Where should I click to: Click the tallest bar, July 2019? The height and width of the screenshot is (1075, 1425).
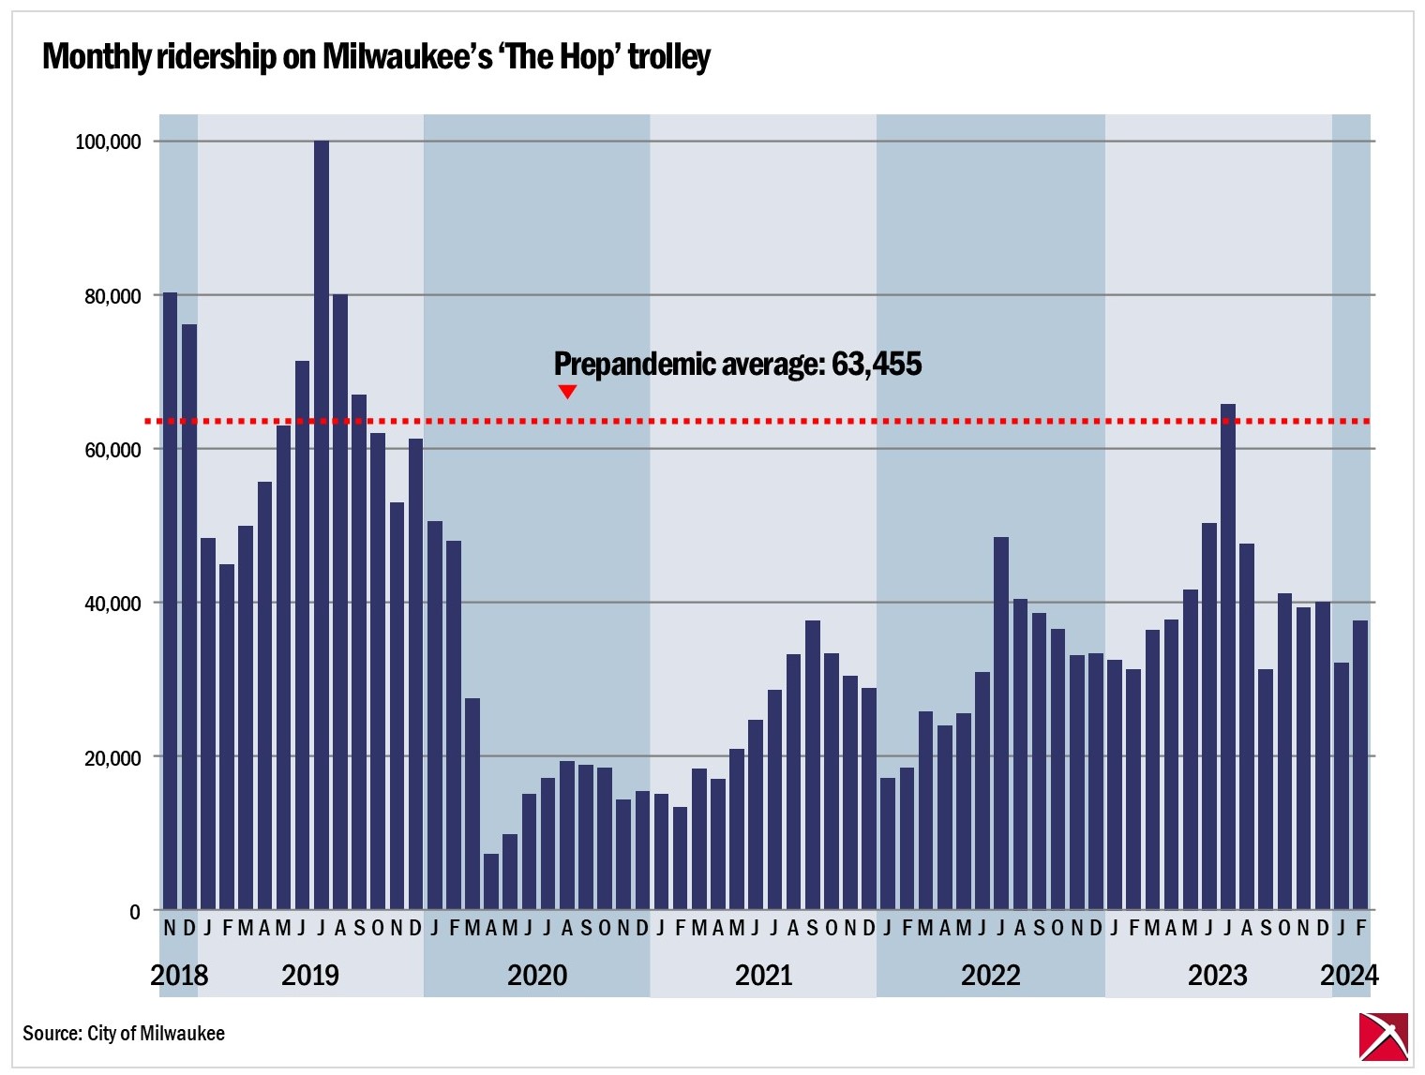[x=322, y=525]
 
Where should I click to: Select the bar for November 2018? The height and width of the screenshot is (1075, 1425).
[x=170, y=600]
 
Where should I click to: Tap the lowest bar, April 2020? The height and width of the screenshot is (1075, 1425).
[x=491, y=881]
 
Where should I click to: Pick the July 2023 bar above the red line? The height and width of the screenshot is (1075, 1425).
[x=1228, y=656]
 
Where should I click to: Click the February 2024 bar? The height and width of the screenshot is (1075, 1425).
[x=1360, y=764]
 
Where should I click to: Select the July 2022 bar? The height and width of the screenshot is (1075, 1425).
[x=1001, y=722]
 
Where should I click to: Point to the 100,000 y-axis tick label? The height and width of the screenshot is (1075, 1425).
[x=108, y=142]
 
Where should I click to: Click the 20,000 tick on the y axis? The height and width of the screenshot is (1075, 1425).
[x=112, y=757]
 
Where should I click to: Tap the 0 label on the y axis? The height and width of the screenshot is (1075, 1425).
[x=135, y=911]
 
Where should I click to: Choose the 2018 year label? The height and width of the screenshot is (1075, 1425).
[x=179, y=976]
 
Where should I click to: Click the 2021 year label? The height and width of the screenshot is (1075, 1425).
[x=763, y=976]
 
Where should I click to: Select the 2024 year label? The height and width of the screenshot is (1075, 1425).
[x=1349, y=976]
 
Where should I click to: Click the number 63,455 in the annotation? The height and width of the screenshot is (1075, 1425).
[x=877, y=364]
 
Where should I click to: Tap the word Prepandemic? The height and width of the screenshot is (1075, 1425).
[x=635, y=364]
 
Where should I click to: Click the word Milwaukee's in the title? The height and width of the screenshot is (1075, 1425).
[x=407, y=57]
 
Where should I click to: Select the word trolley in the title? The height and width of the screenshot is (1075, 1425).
[x=669, y=57]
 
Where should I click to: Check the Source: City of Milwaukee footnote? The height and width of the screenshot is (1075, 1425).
[x=124, y=1033]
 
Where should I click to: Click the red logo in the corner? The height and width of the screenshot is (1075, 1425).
[x=1384, y=1037]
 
